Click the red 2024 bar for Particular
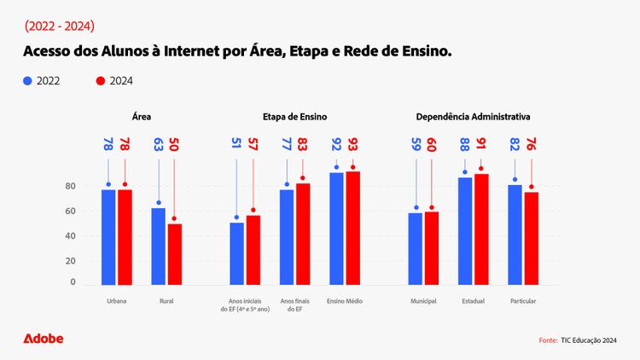pos(531,238)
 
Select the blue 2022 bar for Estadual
pos(465,230)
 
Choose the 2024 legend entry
pos(115,81)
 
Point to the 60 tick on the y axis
pos(70,211)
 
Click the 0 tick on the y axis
pos(73,282)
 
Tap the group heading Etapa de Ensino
pos(295,116)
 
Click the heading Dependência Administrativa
pos(473,116)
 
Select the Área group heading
pos(142,116)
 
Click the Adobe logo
pos(43,339)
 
